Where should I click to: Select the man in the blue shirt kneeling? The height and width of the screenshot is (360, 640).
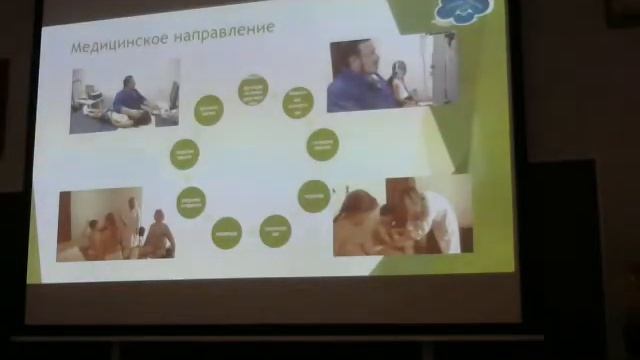coord(130,101)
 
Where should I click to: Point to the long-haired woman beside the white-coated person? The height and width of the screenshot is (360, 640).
coord(359,220)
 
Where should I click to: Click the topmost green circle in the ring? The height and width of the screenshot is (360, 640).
coord(253,90)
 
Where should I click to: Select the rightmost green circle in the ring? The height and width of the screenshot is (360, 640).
coord(322,144)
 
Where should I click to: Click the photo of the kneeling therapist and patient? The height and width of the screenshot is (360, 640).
coord(124,96)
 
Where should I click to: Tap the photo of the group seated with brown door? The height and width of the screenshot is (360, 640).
coord(116,223)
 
